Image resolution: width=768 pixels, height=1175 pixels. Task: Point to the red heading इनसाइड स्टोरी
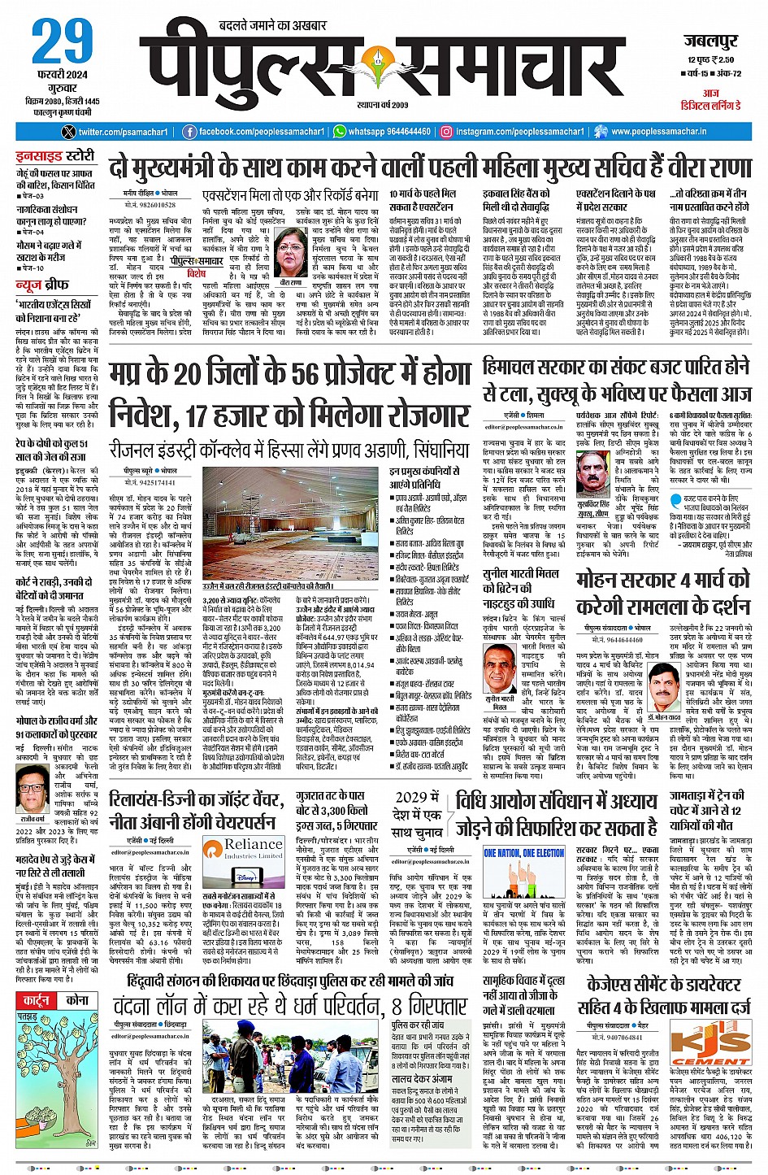pos(56,155)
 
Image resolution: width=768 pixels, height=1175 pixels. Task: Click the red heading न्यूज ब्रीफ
pos(44,285)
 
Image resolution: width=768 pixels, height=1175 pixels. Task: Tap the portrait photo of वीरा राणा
pos(290,253)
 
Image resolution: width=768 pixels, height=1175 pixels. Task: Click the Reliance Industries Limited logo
pos(244,849)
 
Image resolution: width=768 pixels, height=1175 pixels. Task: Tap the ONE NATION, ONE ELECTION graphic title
pos(523,853)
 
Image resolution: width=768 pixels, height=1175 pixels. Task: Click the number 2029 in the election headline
pos(411,797)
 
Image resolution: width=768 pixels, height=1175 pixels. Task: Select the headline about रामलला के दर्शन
pos(662,594)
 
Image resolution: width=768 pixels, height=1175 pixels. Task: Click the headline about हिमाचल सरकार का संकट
pos(617,380)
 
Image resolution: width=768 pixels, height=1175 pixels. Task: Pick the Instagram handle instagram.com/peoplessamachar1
pos(514,131)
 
